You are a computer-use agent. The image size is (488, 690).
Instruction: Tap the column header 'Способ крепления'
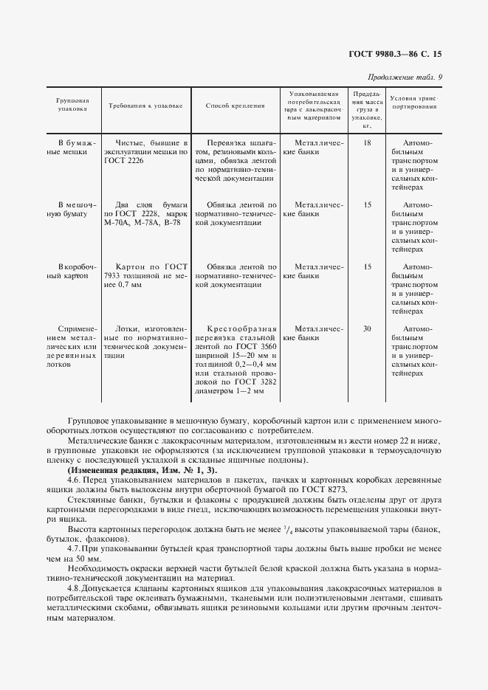click(235, 106)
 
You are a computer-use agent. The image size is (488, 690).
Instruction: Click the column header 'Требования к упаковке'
click(145, 106)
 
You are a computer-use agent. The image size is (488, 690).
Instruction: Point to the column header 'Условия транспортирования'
click(413, 102)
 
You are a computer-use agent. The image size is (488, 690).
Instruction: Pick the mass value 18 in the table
click(367, 142)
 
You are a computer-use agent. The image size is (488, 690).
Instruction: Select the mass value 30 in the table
click(367, 328)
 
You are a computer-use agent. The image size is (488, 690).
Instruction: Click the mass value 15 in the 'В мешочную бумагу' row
click(367, 204)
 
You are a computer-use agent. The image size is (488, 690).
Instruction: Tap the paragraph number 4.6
click(75, 480)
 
